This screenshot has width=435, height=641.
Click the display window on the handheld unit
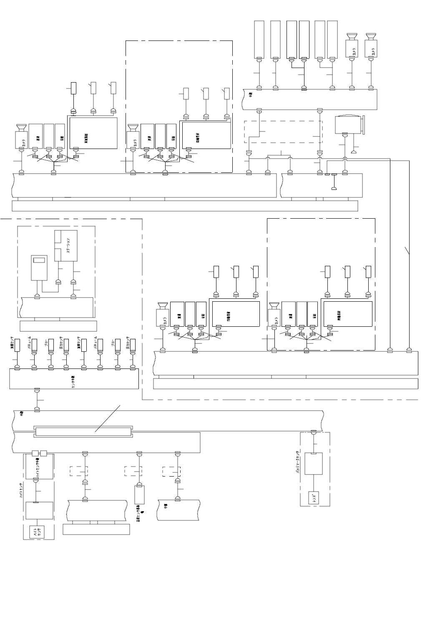[x=40, y=260]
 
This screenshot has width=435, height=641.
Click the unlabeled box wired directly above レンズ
[x=313, y=464]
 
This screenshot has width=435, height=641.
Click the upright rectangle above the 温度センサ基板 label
[x=139, y=495]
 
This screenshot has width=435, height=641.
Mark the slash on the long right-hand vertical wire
[x=408, y=251]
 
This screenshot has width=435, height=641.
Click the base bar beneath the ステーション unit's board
[x=58, y=326]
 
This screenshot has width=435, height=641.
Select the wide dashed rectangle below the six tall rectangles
[x=283, y=132]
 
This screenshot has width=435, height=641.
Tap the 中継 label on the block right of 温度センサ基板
[x=165, y=506]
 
